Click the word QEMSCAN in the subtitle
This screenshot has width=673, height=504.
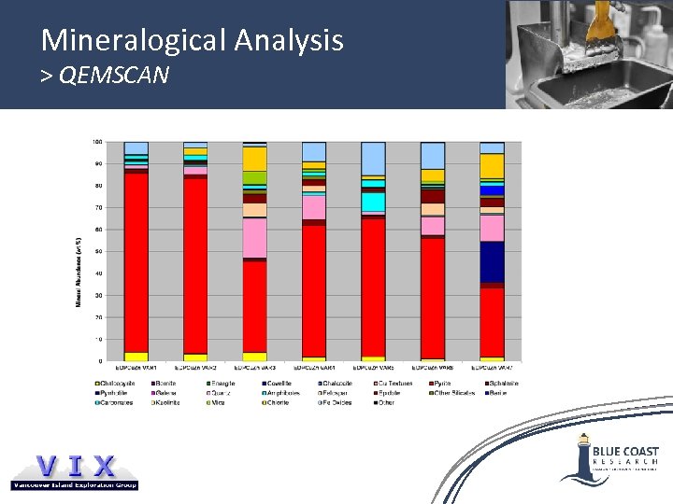coord(113,75)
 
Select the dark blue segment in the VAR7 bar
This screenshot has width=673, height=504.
coord(492,262)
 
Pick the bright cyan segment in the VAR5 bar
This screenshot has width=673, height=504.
coord(373,202)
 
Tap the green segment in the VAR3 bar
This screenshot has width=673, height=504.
coord(254,177)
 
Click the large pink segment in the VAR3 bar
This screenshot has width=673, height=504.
coord(254,237)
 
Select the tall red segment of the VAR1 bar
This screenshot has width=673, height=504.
coord(136,262)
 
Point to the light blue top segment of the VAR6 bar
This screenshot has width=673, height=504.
coord(433,155)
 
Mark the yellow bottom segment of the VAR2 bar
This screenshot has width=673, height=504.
coord(195,357)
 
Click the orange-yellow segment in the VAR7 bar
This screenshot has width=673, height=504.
coord(492,166)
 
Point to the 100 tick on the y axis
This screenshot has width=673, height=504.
coord(97,142)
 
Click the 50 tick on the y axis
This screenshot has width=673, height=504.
coord(98,251)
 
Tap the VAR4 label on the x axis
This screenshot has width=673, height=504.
coord(314,368)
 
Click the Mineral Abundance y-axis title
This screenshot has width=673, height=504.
coord(79,271)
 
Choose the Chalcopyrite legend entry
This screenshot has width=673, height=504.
coord(114,384)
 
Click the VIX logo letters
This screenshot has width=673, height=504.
coord(75,466)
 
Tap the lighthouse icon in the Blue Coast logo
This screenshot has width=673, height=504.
coord(583,454)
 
